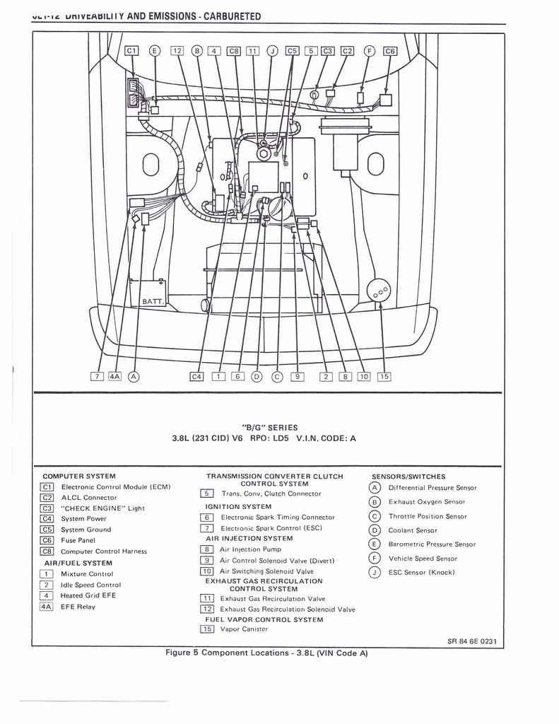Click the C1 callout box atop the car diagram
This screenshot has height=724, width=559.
coord(132,50)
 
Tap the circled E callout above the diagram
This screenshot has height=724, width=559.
coord(155,50)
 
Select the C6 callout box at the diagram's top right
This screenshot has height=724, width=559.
coord(390,50)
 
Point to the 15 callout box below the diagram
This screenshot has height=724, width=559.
coord(384,376)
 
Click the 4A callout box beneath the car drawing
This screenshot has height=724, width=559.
coord(114,376)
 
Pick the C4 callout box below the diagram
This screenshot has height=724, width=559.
coord(196,376)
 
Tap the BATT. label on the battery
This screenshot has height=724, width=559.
coord(153,302)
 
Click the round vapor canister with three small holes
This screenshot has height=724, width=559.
coord(379,291)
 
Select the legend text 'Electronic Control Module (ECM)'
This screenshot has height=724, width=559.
coord(116,486)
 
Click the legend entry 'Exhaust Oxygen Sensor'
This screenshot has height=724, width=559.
coord(426,502)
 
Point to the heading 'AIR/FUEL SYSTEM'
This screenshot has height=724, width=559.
coord(78,563)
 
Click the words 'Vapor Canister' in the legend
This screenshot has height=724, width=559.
coord(244,629)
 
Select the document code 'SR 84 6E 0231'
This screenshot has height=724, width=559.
coord(472,641)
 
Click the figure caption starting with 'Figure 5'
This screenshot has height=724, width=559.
coord(266,653)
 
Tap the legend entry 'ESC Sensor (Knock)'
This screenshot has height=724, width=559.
coord(421,572)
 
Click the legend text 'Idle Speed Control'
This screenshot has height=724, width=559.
coord(90,585)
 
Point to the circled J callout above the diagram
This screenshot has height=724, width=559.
coord(273,50)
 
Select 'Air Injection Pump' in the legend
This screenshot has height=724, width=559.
coord(250,549)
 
